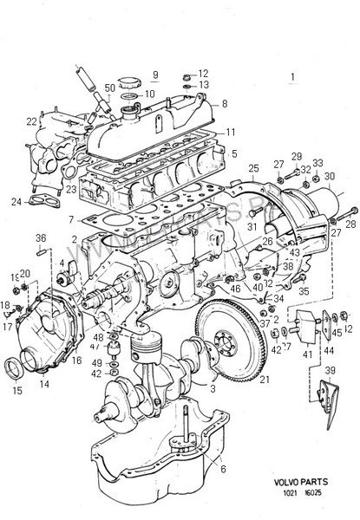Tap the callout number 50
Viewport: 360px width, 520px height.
pos(110,88)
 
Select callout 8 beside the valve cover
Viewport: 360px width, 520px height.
pos(225,103)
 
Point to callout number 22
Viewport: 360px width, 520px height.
pos(32,122)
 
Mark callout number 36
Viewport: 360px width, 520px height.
pos(40,237)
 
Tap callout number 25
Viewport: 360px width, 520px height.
pos(254,167)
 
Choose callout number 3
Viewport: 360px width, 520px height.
pos(212,389)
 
